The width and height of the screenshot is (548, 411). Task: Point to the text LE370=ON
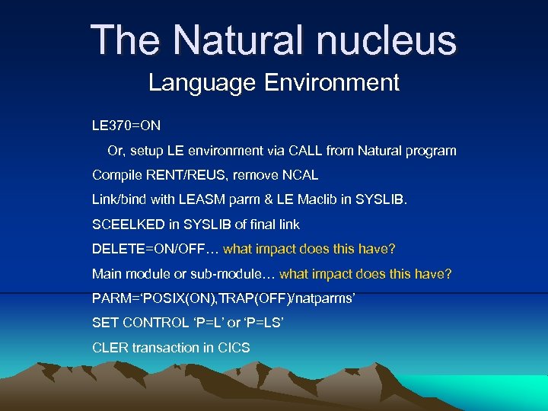pos(126,126)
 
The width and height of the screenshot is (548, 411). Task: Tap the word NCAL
pos(301,175)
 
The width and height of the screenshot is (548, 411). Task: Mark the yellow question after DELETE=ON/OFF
pos(309,249)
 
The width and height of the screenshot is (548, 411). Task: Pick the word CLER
pos(110,348)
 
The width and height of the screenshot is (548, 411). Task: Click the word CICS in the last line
pos(234,348)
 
